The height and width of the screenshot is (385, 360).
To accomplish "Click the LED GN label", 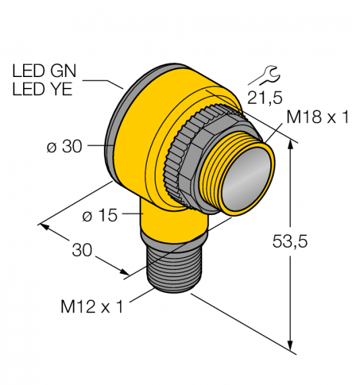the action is pyautogui.click(x=44, y=71).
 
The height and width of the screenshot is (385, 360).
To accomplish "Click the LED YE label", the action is pyautogui.click(x=42, y=89).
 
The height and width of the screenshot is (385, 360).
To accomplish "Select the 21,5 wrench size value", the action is pyautogui.click(x=265, y=98).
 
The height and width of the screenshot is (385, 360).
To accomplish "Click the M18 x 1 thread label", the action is pyautogui.click(x=318, y=117).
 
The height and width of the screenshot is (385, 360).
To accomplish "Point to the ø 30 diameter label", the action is pyautogui.click(x=64, y=147).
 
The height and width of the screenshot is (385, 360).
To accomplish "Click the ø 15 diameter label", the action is pyautogui.click(x=100, y=216).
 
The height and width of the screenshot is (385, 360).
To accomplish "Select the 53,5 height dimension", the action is pyautogui.click(x=290, y=241).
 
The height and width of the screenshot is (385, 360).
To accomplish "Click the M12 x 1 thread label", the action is pyautogui.click(x=92, y=307).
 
